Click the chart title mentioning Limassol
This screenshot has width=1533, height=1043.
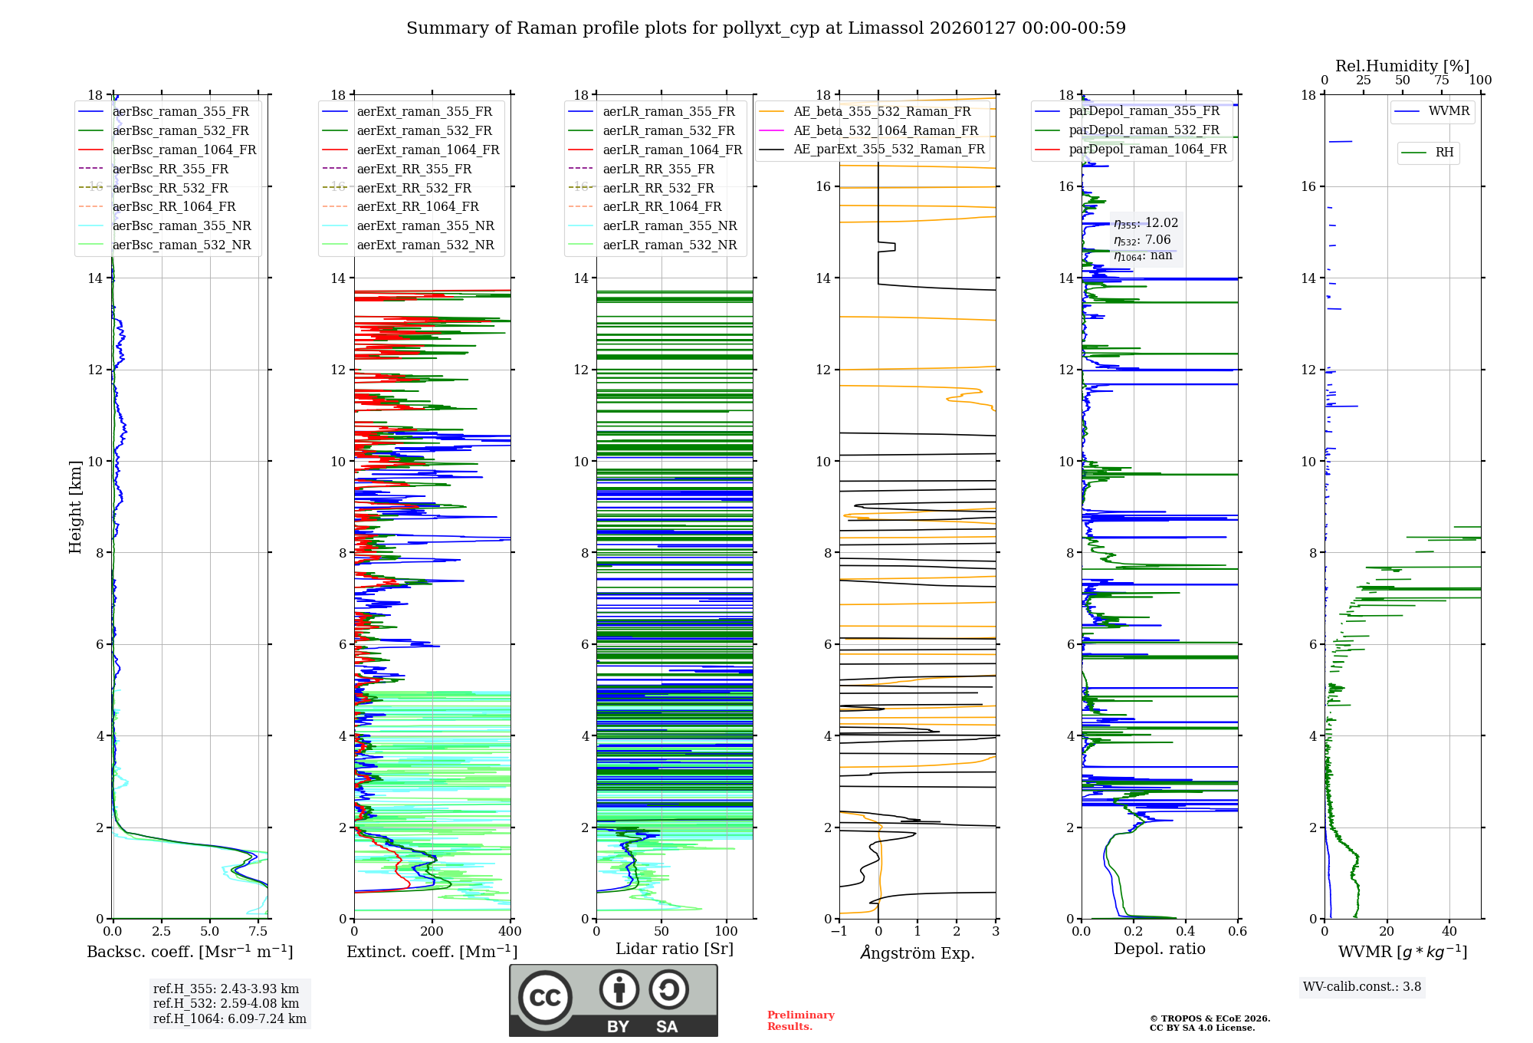click(766, 28)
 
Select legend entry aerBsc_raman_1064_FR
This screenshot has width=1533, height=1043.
click(184, 150)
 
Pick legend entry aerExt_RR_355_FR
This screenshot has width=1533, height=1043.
click(414, 169)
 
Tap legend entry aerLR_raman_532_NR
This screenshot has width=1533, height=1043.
click(669, 245)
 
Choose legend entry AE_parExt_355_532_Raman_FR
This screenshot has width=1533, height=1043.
click(888, 149)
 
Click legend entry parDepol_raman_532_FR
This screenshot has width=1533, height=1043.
click(1144, 130)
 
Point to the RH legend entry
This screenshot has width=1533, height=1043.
click(1444, 153)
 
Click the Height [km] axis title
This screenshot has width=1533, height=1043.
click(75, 506)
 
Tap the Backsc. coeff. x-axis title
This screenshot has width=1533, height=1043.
click(189, 952)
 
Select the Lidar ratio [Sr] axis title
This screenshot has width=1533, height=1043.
click(675, 949)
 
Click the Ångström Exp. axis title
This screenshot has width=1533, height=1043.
click(918, 953)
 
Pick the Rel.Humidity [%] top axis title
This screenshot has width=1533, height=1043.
click(1402, 66)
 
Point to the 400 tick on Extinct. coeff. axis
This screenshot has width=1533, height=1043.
click(510, 931)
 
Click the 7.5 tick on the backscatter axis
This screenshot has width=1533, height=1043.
click(258, 931)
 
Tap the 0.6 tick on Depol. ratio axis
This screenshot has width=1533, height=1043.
click(1237, 931)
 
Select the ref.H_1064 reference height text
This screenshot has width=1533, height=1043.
click(230, 1018)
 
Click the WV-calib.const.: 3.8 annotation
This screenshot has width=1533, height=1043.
click(1362, 986)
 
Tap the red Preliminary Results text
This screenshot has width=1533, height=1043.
click(800, 1020)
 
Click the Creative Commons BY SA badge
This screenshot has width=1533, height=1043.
click(613, 1000)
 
